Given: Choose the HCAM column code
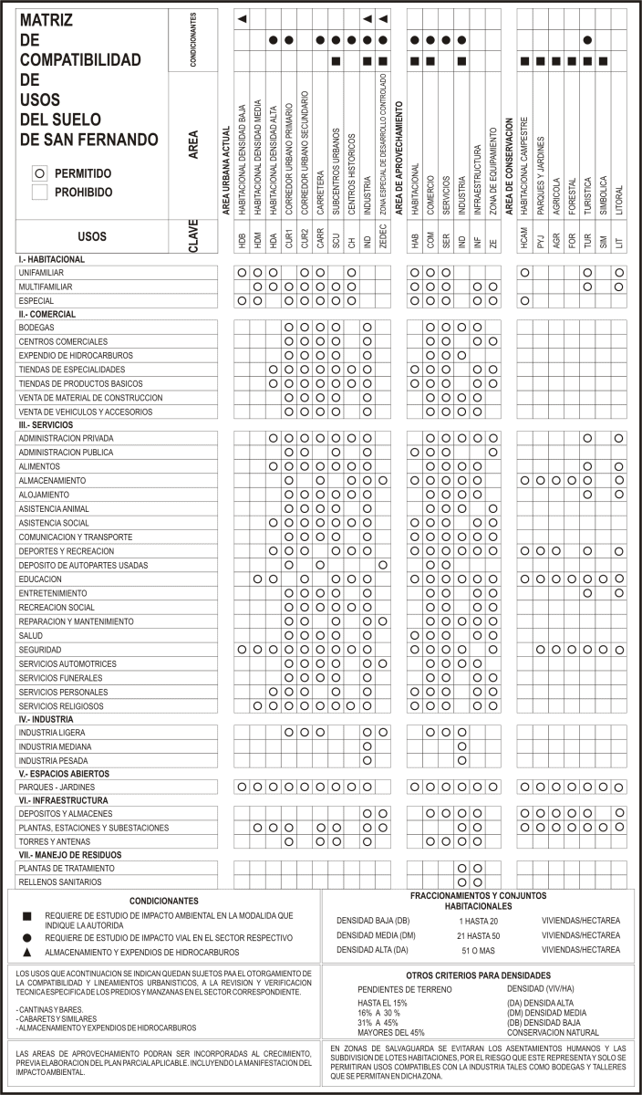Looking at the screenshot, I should [x=524, y=243].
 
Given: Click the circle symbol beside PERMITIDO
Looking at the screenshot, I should [x=38, y=172].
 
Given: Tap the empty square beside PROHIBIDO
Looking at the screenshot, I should [x=38, y=192].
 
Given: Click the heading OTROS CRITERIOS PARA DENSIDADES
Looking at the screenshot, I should [x=481, y=975].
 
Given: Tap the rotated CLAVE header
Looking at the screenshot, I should [x=193, y=236].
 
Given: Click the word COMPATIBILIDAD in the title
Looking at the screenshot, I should [x=80, y=60].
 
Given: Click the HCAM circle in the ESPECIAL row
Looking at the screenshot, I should [x=524, y=300].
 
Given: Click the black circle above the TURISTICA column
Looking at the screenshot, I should [x=588, y=40].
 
